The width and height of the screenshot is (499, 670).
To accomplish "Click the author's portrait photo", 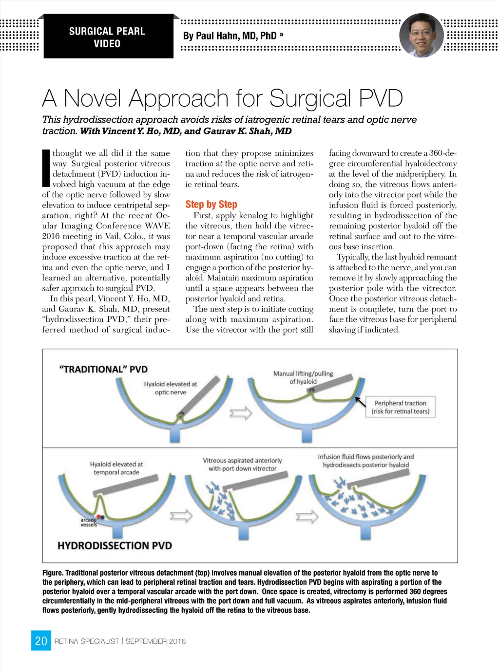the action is pyautogui.click(x=422, y=35).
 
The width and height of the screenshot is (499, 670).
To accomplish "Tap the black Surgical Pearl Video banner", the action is pyautogui.click(x=109, y=36).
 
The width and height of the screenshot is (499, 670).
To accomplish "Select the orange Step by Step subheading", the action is pyautogui.click(x=211, y=204).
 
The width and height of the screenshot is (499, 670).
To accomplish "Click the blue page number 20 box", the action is pyautogui.click(x=41, y=640).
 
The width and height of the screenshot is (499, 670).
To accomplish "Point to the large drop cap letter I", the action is pyautogui.click(x=46, y=168).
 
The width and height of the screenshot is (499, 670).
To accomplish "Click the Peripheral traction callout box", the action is pyautogui.click(x=401, y=407).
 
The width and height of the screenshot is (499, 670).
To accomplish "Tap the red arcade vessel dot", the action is pyautogui.click(x=98, y=517).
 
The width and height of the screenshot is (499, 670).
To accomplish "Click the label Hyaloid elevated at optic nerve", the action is pyautogui.click(x=171, y=388).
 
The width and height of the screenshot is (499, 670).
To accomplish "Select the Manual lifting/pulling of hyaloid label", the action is pyautogui.click(x=303, y=377).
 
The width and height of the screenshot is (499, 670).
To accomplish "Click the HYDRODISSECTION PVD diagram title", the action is pyautogui.click(x=115, y=545).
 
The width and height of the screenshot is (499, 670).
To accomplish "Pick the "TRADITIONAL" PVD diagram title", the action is pyautogui.click(x=103, y=369).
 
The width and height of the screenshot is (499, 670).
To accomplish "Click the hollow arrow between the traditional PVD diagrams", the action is pyautogui.click(x=241, y=413).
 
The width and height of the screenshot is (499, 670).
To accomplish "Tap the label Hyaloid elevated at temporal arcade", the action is pyautogui.click(x=116, y=468).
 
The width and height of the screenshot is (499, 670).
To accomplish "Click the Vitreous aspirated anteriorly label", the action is pyautogui.click(x=242, y=465).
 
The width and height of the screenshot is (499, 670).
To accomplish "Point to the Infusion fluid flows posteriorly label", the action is pyautogui.click(x=366, y=461).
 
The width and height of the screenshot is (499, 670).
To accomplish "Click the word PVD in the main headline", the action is pyautogui.click(x=381, y=98).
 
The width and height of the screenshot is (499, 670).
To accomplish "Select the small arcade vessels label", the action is pyautogui.click(x=89, y=522).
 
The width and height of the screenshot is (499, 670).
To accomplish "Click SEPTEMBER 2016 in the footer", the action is pyautogui.click(x=155, y=641).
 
